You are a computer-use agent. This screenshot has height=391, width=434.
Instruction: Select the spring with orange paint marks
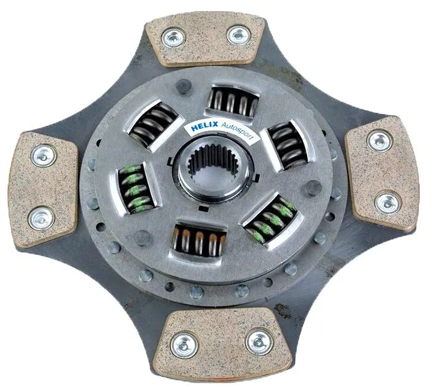click(x=199, y=243)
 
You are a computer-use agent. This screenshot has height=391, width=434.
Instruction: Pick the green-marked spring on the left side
click(x=136, y=188)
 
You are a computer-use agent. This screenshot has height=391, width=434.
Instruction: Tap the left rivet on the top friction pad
click(x=173, y=37)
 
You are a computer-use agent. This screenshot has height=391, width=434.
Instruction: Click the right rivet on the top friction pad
click(x=239, y=35)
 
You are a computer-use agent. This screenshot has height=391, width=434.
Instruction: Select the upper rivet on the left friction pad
click(x=44, y=156)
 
